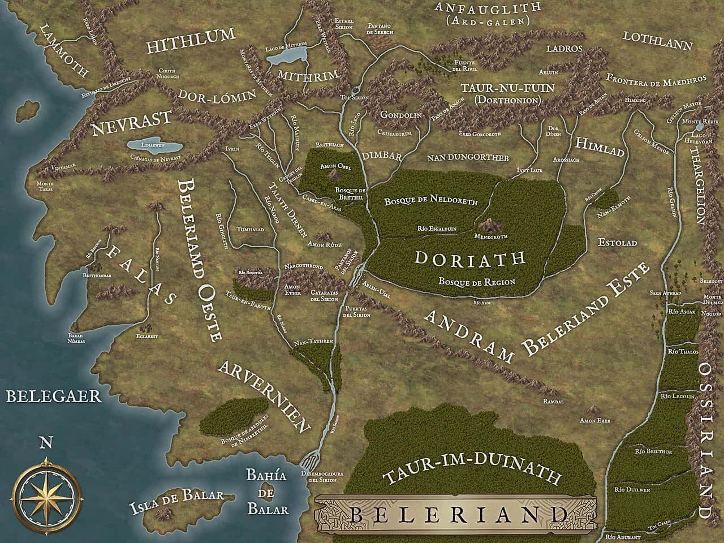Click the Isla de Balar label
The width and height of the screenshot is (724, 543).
[176, 496]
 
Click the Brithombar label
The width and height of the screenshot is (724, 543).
[96, 274]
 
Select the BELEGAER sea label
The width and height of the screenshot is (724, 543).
[54, 395]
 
